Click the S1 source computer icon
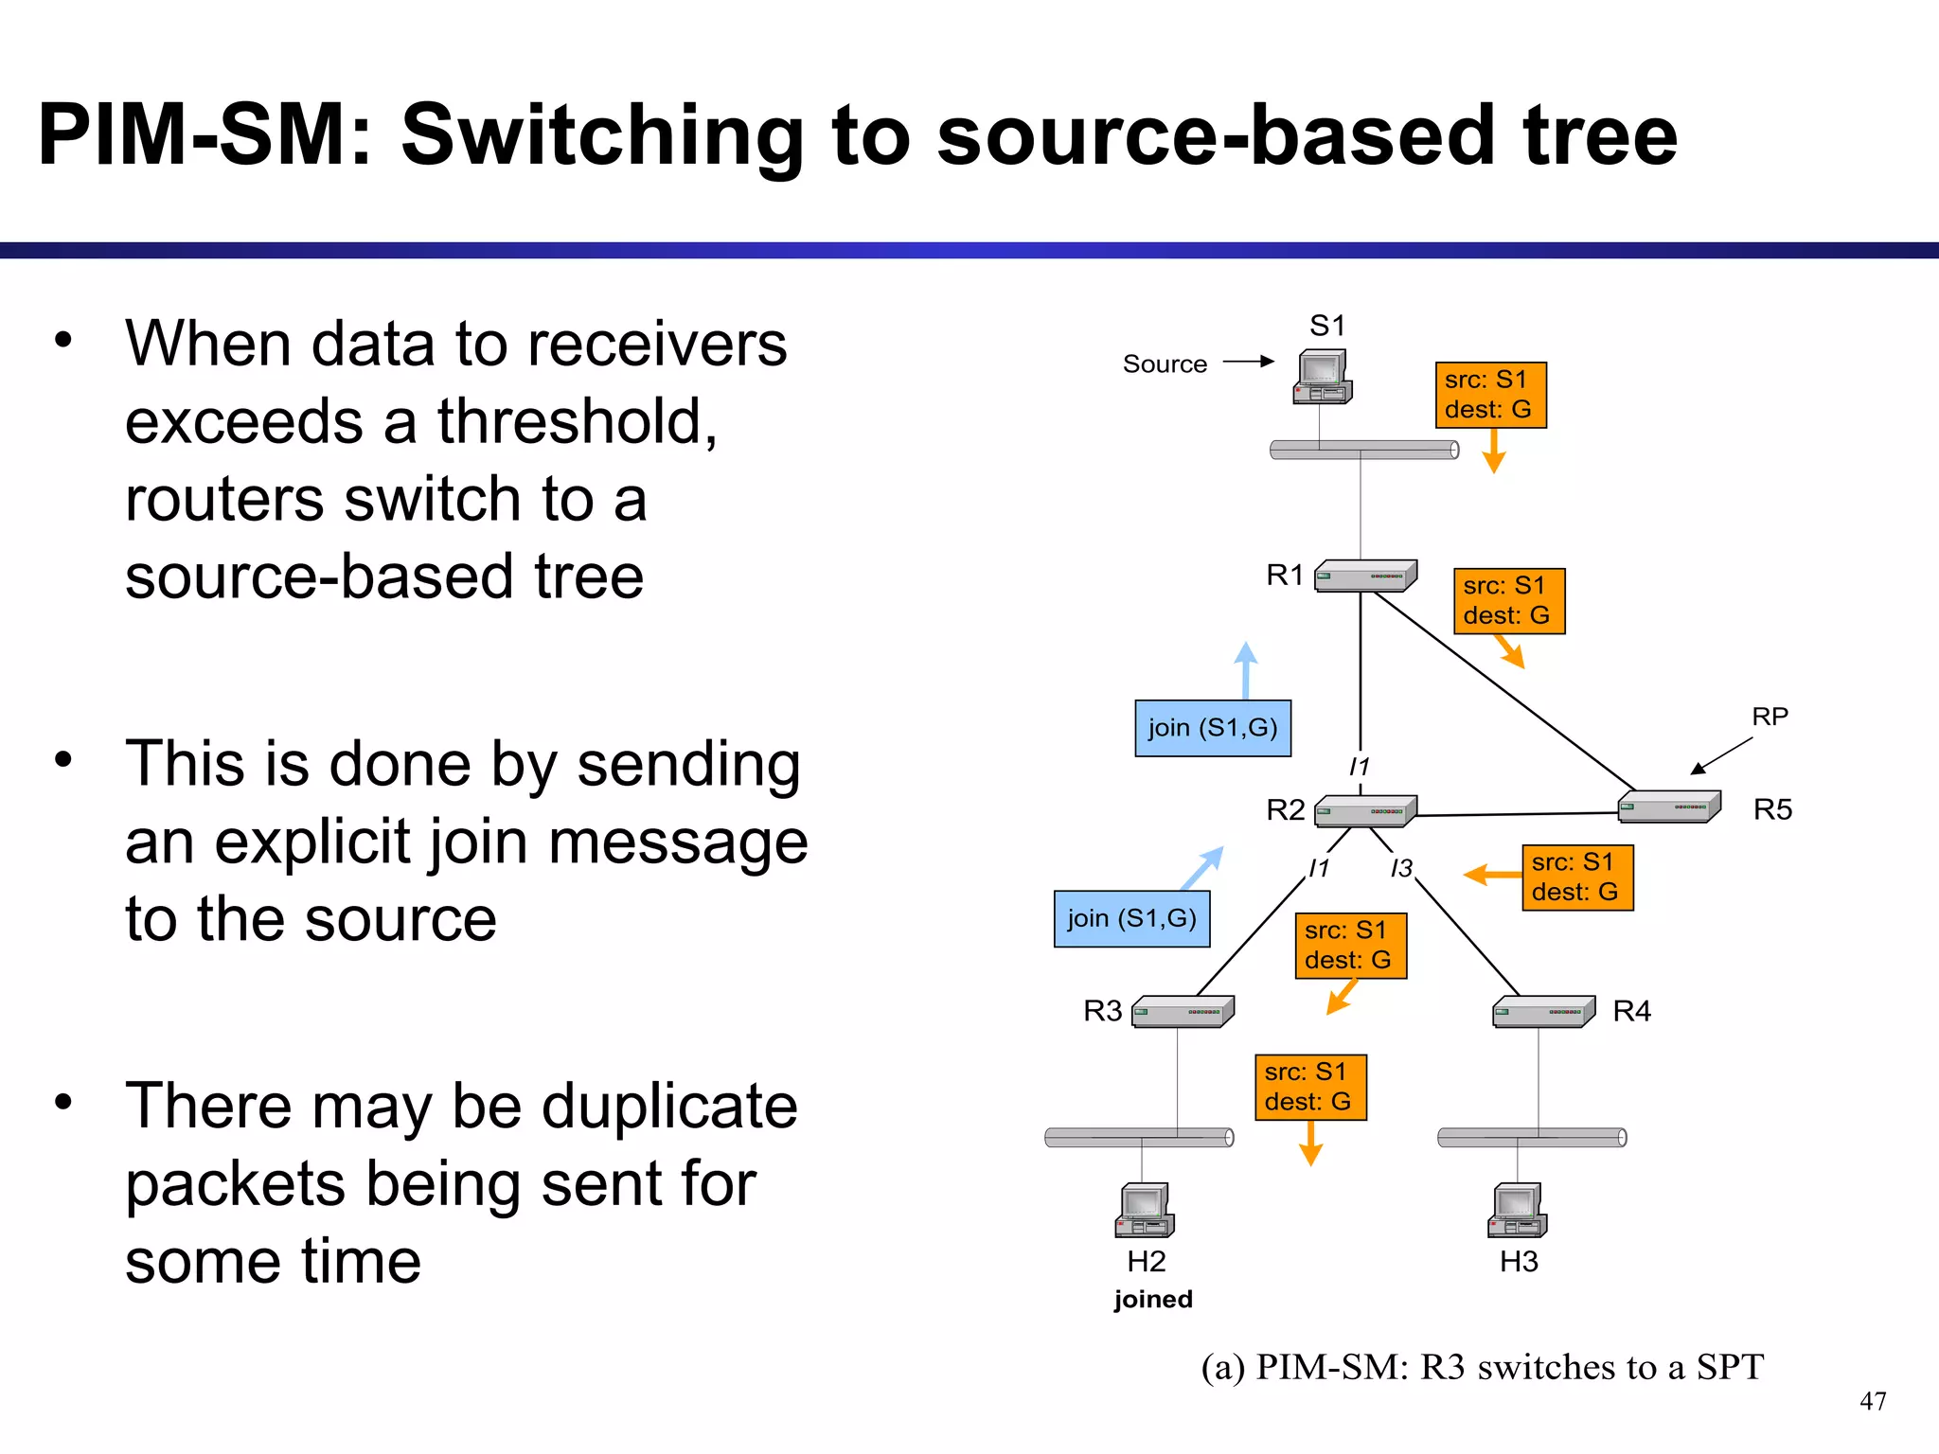pos(1322,377)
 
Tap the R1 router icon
pos(1365,576)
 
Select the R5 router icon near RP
pos(1668,807)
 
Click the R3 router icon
pos(1183,1011)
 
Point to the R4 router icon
pos(1543,1011)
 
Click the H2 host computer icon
pos(1145,1210)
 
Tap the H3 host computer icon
pos(1517,1210)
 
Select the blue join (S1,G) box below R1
pos(1213,728)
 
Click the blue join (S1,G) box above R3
pos(1131,918)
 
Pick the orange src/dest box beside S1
pos(1490,395)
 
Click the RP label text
pos(1770,717)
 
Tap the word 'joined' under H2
pos(1152,1299)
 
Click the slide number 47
pos(1872,1401)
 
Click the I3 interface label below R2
pos(1401,867)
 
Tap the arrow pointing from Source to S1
pos(1248,362)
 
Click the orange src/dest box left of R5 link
pos(1577,878)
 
